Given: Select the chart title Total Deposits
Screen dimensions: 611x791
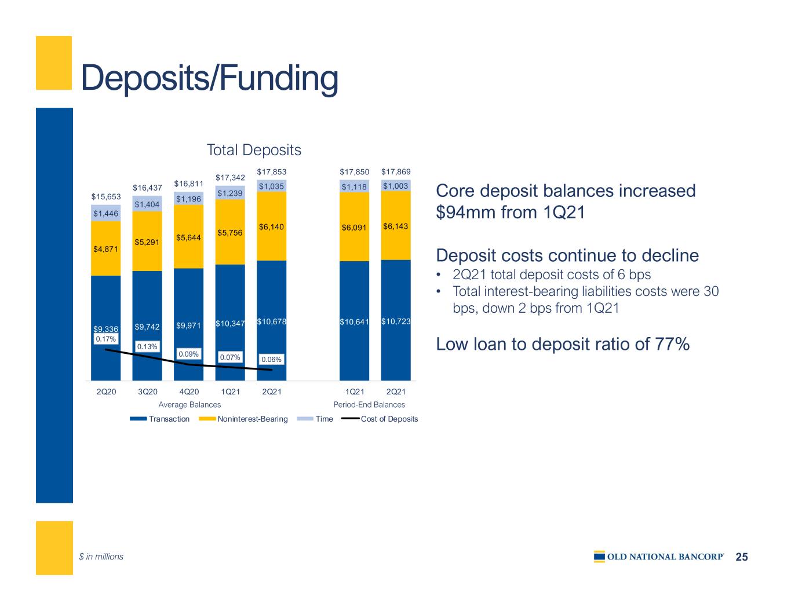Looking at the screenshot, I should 254,150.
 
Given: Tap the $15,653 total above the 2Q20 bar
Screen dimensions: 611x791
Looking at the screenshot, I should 105,197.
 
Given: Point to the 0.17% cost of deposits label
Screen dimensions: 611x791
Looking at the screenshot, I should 105,339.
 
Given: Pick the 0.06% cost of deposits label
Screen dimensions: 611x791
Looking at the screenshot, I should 271,360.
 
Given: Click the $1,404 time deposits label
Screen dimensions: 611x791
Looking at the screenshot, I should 147,204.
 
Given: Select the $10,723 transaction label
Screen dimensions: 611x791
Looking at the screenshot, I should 396,321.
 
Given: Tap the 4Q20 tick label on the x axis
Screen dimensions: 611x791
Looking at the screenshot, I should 189,392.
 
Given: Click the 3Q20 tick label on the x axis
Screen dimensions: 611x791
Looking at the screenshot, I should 147,392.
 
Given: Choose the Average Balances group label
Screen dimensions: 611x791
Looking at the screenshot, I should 189,404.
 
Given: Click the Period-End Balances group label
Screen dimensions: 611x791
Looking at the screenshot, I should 369,404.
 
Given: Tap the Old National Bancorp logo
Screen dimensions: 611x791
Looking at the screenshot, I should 659,557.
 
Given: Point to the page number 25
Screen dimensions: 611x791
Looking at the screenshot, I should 742,557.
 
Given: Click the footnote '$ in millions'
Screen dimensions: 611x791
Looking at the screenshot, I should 101,557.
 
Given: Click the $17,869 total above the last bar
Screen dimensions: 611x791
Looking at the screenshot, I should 396,172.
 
